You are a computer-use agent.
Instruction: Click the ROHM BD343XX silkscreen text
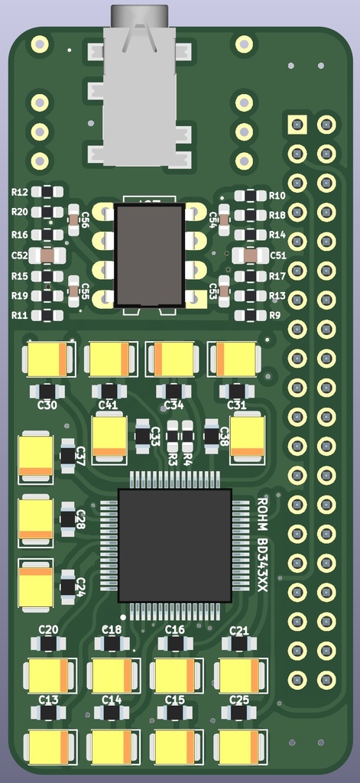(262, 544)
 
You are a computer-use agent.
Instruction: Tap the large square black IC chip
(174, 545)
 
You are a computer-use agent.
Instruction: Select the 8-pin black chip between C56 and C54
(149, 255)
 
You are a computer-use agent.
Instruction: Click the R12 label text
(20, 193)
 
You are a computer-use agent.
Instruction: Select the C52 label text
(20, 255)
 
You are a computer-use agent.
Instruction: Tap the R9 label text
(275, 315)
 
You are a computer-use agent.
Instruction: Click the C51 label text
(277, 255)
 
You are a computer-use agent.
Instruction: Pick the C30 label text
(47, 405)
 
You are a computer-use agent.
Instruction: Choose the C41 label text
(109, 405)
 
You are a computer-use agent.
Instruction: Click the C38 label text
(224, 437)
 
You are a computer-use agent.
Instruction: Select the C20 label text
(48, 630)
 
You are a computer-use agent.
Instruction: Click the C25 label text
(239, 700)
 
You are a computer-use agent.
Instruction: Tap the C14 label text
(112, 700)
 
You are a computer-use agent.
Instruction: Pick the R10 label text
(277, 196)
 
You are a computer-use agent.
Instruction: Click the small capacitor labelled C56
(73, 221)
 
